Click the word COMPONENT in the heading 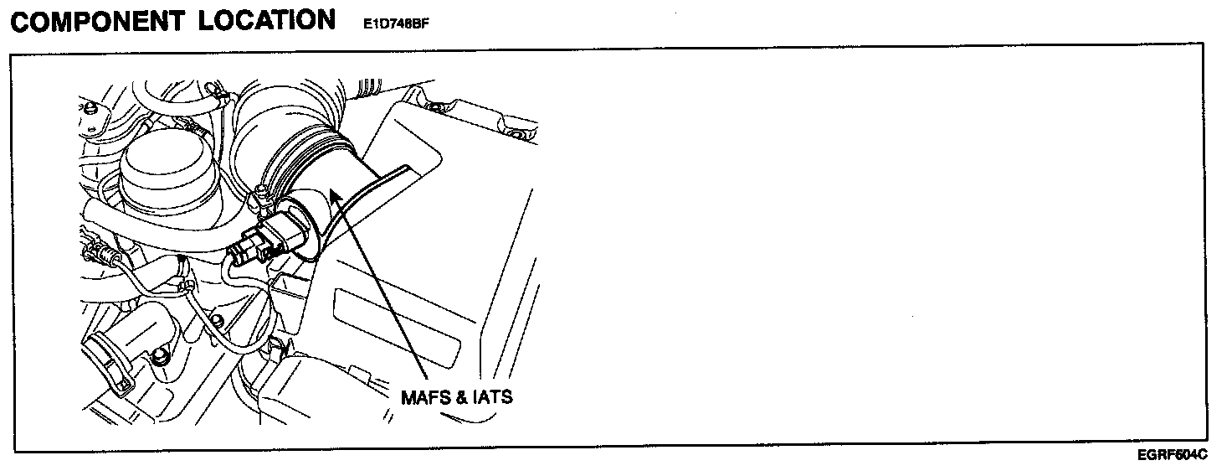pos(98,22)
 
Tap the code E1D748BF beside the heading pos(396,24)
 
